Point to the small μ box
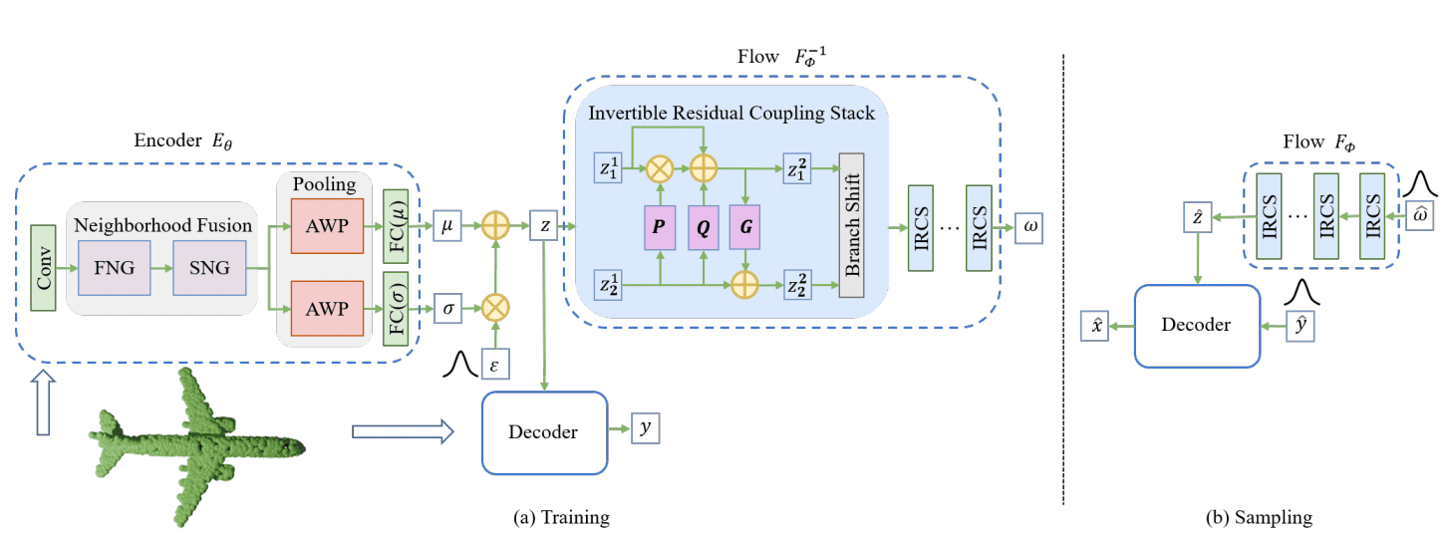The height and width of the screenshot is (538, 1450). [447, 225]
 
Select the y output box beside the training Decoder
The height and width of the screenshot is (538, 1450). [645, 428]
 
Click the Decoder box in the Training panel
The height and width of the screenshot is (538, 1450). [544, 431]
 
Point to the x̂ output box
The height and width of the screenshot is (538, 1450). [1094, 325]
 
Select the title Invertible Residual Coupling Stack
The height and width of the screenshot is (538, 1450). [732, 113]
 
